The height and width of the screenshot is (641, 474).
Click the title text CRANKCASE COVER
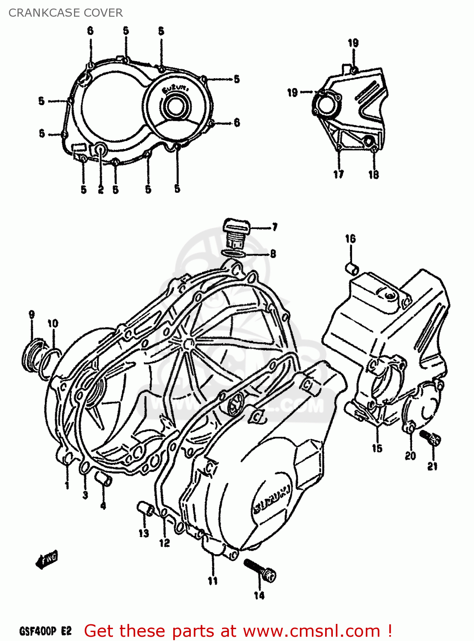[x=65, y=13]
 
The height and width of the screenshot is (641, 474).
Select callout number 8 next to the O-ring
[x=273, y=254]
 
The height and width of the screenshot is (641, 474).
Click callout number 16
[x=350, y=239]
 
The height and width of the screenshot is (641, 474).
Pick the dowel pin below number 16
[x=352, y=268]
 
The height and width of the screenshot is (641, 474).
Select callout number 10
[x=53, y=323]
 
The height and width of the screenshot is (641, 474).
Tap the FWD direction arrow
[x=47, y=560]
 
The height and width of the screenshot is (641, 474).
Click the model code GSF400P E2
[x=45, y=631]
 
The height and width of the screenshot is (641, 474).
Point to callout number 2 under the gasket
[x=101, y=189]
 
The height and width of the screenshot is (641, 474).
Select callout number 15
[x=377, y=448]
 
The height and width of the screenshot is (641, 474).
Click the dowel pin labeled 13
[x=145, y=509]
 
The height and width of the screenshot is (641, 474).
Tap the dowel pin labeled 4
[x=104, y=479]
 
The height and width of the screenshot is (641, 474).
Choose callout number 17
[x=338, y=174]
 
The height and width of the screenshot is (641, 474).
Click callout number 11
[x=213, y=581]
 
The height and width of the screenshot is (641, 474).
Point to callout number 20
[x=410, y=456]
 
